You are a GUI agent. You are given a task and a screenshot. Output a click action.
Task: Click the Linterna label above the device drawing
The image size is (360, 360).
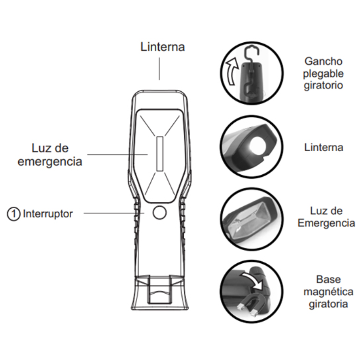click(163, 47)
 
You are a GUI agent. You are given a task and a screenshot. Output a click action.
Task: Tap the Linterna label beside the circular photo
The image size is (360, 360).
click(324, 147)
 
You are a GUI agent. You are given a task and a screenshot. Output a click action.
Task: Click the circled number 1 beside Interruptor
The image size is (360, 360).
click(13, 214)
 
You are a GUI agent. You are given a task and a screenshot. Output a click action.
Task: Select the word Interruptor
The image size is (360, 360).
click(48, 214)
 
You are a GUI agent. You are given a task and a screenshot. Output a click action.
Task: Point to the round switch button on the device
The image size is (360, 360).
click(160, 212)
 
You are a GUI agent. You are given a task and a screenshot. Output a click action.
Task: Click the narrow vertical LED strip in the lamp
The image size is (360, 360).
click(160, 154)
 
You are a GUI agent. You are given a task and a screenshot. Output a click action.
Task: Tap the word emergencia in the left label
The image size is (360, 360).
click(50, 162)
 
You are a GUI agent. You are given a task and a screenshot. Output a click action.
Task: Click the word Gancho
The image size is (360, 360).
click(323, 61)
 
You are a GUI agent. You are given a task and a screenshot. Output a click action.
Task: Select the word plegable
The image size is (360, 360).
click(323, 74)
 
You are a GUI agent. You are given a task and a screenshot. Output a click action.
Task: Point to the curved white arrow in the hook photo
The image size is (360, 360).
click(231, 71)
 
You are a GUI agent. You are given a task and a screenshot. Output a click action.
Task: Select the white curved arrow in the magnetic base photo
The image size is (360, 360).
click(252, 278)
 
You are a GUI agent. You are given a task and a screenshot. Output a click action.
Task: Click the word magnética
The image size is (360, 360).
click(328, 292)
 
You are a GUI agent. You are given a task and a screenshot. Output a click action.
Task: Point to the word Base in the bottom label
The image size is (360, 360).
click(328, 279)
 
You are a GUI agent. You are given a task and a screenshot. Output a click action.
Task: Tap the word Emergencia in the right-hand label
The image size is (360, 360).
click(326, 223)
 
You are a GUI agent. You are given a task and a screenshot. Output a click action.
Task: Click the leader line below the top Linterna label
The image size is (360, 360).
click(159, 69)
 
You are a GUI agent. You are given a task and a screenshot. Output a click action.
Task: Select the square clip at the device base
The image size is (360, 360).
click(160, 289)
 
